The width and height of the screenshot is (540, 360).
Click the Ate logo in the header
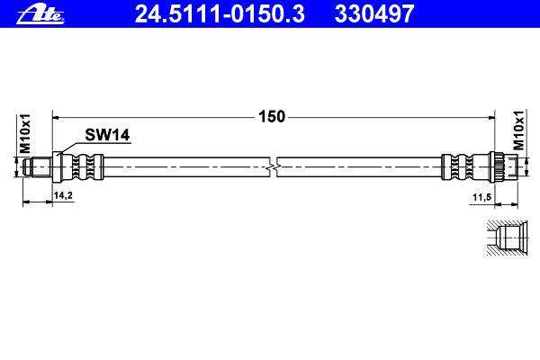point(40,14)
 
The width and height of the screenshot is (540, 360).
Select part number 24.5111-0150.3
point(220,14)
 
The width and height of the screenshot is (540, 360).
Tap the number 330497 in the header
point(374,14)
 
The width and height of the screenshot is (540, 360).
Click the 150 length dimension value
point(272,116)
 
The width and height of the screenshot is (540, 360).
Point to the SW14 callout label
point(107,135)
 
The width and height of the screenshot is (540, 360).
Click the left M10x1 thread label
point(25,134)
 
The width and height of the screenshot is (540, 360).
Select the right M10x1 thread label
point(518,130)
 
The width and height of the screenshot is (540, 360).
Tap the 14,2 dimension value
point(63,195)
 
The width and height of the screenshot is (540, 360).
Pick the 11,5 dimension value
point(481,198)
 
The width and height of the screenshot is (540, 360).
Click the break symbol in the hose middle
point(273,167)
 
